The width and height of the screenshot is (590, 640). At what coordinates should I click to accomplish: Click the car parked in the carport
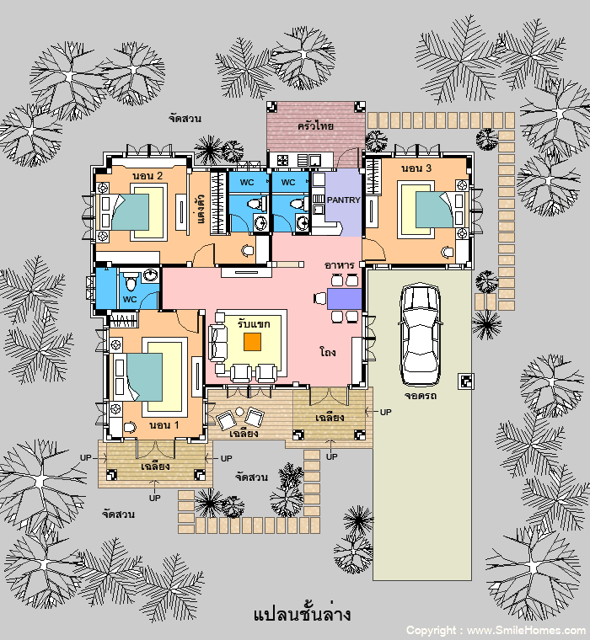tap(420, 334)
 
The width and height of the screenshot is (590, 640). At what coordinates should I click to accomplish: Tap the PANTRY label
tap(344, 200)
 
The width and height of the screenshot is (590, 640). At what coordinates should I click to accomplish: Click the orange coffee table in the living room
tap(253, 342)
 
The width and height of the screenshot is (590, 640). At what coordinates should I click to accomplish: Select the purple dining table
tap(345, 299)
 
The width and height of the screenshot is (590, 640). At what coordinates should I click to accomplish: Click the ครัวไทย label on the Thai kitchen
tap(315, 125)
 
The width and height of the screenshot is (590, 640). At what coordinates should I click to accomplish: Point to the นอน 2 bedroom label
tap(147, 175)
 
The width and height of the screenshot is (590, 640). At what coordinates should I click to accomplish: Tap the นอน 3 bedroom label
tap(416, 168)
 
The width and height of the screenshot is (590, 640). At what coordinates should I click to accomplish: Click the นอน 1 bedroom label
tap(164, 425)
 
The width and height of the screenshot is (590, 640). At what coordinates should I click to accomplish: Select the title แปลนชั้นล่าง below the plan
tap(302, 613)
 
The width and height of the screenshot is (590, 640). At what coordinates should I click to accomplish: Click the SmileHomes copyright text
tap(496, 631)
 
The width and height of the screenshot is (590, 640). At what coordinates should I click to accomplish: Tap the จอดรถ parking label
tap(421, 396)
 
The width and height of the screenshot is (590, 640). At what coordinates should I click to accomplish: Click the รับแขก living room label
tap(254, 324)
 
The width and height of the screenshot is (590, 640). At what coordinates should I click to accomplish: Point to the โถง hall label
tap(328, 351)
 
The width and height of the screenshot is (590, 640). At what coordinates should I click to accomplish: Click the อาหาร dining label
tap(339, 265)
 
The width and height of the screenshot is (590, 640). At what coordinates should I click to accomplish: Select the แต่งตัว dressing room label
tap(201, 209)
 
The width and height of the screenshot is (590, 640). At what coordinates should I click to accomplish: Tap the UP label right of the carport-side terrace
tap(386, 413)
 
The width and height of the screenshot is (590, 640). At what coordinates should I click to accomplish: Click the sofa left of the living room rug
tap(217, 343)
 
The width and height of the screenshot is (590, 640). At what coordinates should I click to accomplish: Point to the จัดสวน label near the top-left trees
tap(185, 119)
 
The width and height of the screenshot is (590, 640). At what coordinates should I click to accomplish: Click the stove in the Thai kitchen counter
tap(282, 160)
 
